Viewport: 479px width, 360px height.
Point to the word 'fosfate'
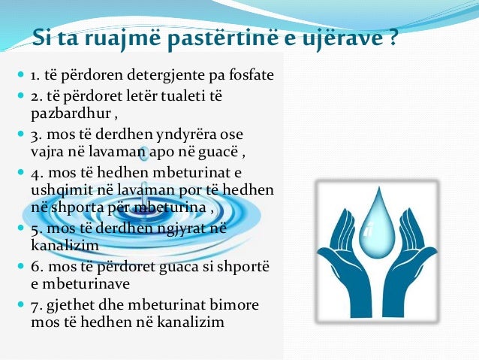pyautogui.click(x=249, y=76)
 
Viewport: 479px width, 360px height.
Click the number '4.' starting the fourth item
pyautogui.click(x=35, y=172)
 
